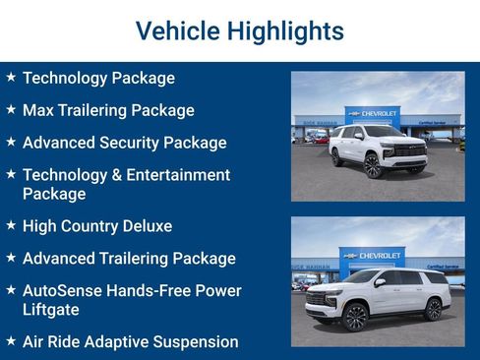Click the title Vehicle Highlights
[x=239, y=31]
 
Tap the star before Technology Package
[x=10, y=77]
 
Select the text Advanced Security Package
[x=124, y=143]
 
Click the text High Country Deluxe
[x=96, y=226]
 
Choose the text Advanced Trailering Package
[x=129, y=259]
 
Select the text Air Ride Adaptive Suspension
[x=130, y=342]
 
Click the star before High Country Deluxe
[x=10, y=226]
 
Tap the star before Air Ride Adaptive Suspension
[x=10, y=341]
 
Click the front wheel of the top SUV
[x=374, y=166]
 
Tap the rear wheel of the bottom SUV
[x=432, y=310]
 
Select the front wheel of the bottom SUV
[x=355, y=317]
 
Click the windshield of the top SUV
[x=383, y=132]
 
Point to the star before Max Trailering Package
[x=10, y=110]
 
